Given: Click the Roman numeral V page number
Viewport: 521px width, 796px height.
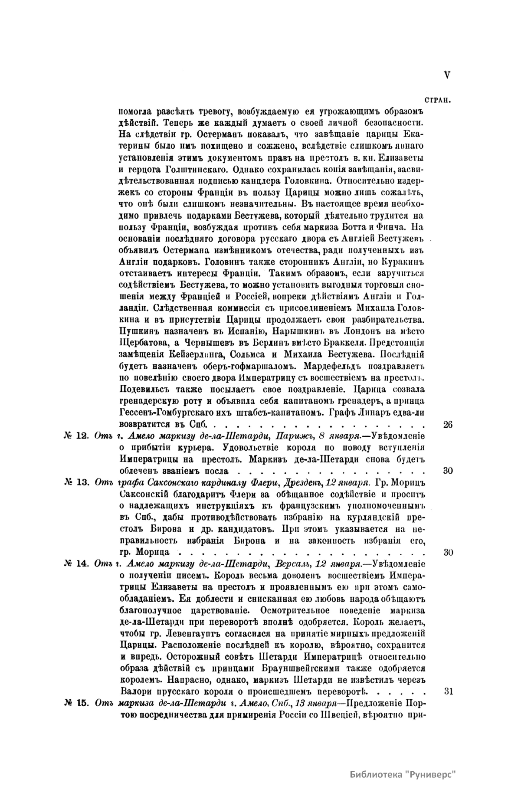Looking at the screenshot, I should pyautogui.click(x=447, y=75).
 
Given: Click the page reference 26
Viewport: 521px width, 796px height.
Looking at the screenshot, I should pyautogui.click(x=448, y=424).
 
